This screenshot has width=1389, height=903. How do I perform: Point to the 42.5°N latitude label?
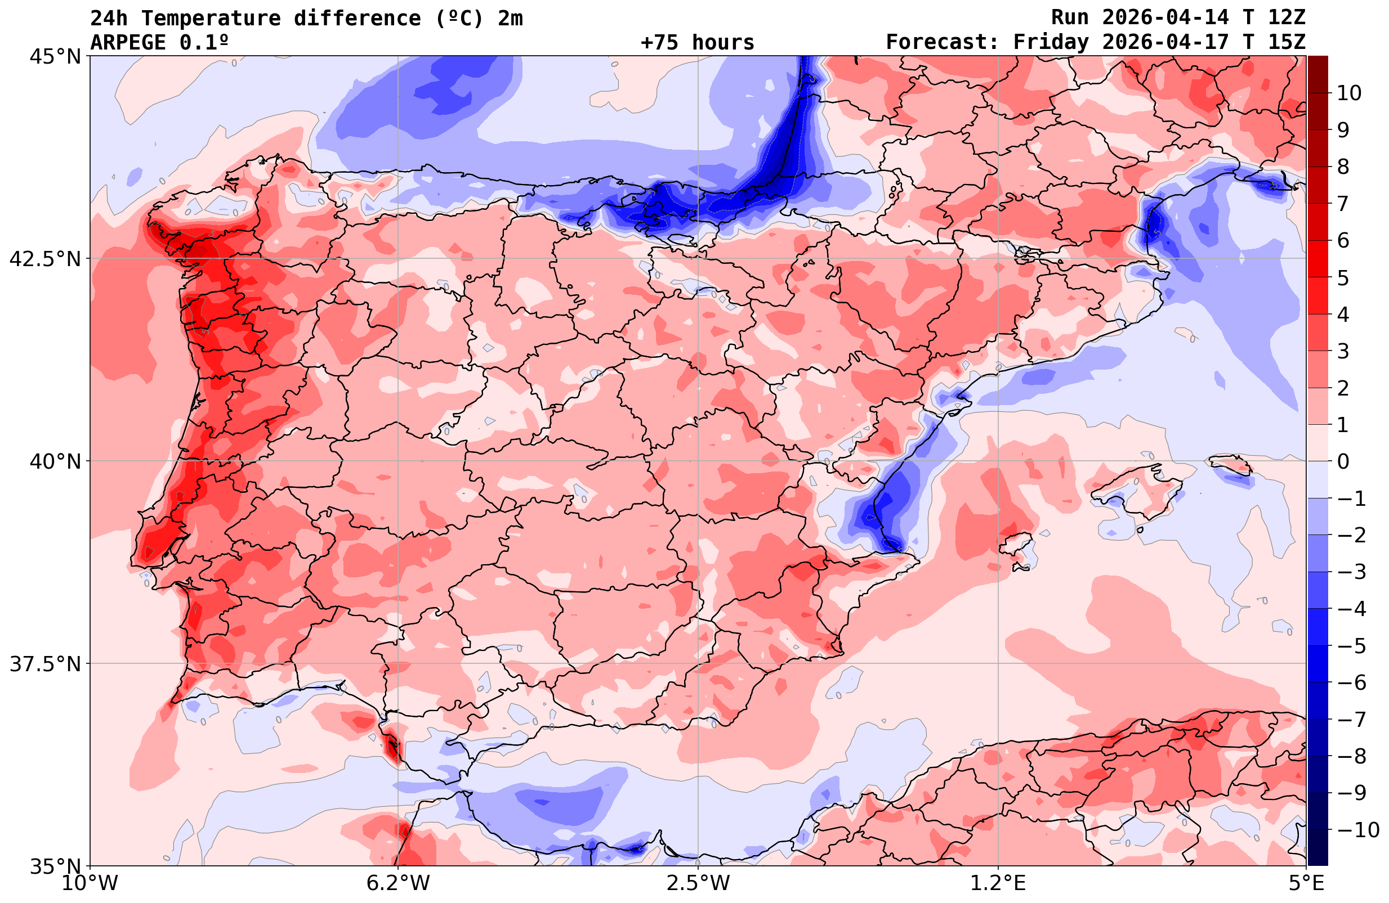45,258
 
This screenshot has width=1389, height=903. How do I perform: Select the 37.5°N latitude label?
45,664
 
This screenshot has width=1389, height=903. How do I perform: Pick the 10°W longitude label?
90,883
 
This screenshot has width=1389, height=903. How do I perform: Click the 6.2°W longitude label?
398,883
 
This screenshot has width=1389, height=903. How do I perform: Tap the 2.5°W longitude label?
698,883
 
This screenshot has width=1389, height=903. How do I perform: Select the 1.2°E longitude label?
998,883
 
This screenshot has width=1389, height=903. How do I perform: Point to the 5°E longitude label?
1306,883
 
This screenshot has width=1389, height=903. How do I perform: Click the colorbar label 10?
1350,93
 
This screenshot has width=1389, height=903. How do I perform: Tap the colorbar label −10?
1358,829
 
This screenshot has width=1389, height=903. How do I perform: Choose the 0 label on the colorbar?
1343,461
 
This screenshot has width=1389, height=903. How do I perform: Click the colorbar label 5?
1343,278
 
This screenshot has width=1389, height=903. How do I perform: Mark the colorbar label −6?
1352,682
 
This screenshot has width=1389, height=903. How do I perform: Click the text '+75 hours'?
698,43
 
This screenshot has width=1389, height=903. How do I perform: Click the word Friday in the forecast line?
1051,43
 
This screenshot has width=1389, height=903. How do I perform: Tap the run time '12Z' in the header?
1287,18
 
